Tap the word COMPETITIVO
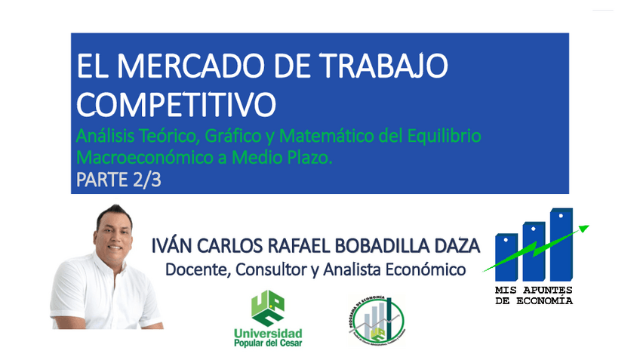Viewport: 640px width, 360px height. click(x=176, y=105)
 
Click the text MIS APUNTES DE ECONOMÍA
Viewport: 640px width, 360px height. click(x=534, y=295)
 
